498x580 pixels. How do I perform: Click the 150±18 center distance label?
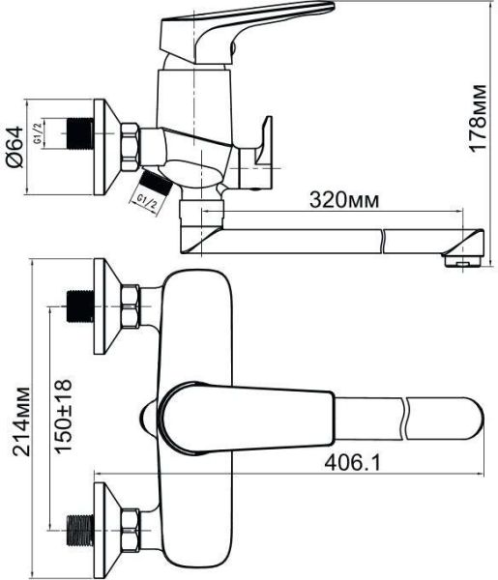tap(64, 419)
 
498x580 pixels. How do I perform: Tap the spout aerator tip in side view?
tap(461, 258)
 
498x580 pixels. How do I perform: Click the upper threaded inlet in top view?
tap(77, 305)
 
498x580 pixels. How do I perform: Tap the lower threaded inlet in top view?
tap(77, 530)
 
